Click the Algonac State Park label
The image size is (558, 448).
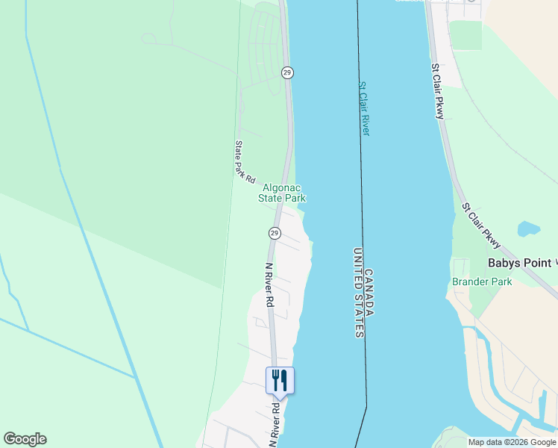(282, 193)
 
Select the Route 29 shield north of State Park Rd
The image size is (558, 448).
(287, 72)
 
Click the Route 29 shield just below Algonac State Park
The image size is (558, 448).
(275, 234)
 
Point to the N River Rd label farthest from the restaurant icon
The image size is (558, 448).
(270, 285)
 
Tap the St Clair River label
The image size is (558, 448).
(364, 109)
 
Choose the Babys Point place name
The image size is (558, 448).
(520, 263)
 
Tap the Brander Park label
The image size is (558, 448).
(482, 281)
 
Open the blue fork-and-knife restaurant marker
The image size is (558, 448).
(280, 380)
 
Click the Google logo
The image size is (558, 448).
(25, 439)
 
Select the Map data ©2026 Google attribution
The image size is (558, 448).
(512, 442)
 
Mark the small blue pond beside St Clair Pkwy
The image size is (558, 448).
(528, 229)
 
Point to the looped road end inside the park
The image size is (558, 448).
(148, 38)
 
